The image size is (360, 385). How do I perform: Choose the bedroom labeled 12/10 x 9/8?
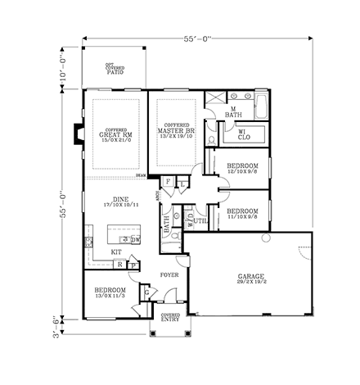tap(242, 169)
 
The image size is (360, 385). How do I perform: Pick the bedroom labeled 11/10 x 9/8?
tap(242, 214)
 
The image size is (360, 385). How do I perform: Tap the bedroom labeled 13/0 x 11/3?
tap(110, 293)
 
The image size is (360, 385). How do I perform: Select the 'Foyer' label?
tap(169, 275)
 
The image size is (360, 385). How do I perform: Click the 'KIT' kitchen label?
tap(116, 252)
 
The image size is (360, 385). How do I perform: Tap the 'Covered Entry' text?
tap(170, 318)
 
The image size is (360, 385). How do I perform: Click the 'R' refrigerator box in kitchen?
tap(119, 265)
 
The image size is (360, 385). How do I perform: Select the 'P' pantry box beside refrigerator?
tap(131, 265)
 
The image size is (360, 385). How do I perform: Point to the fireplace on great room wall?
tap(79, 133)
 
